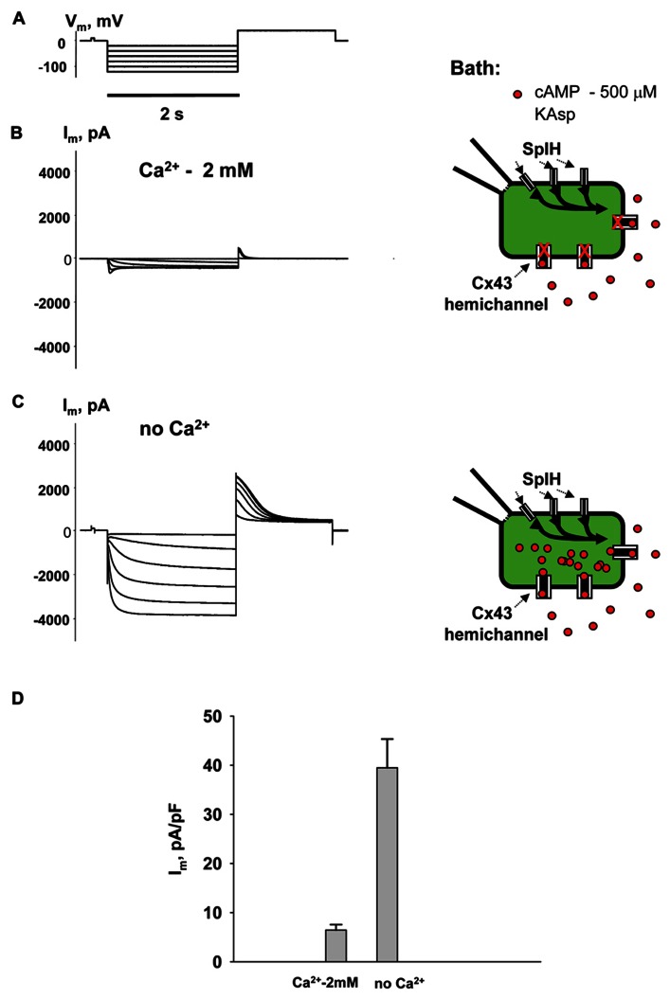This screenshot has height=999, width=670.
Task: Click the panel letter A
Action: click(19, 19)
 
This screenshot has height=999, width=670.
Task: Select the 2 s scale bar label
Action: click(172, 114)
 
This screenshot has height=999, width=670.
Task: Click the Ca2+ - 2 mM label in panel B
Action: click(196, 170)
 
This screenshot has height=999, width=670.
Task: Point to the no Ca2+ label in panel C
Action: click(174, 428)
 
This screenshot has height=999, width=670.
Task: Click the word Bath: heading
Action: click(475, 69)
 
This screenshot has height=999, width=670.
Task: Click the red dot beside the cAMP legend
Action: click(517, 95)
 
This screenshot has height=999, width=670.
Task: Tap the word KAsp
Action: click(554, 116)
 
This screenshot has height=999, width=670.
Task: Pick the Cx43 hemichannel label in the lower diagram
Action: click(496, 624)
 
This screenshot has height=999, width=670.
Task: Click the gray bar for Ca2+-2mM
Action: click(336, 945)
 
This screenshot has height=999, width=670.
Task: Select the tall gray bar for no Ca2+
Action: click(387, 865)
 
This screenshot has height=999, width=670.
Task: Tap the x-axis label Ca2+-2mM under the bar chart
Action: click(325, 982)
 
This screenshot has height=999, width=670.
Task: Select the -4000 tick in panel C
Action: click(54, 618)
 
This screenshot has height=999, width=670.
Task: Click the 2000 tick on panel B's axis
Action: click(55, 217)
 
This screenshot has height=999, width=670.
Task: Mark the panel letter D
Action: click(19, 698)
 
